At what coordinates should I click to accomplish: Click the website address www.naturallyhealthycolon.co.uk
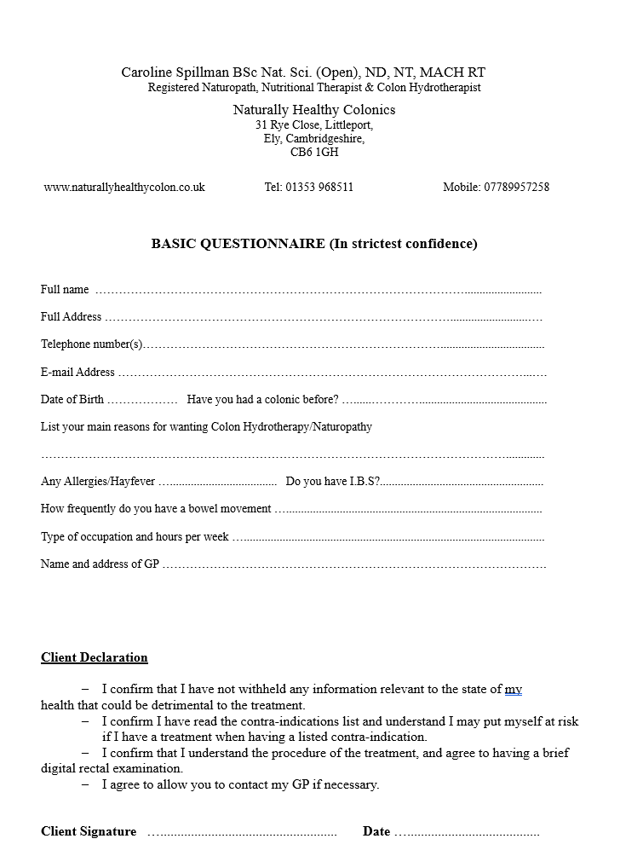pyautogui.click(x=124, y=188)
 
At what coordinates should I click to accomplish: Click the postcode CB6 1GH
pyautogui.click(x=314, y=153)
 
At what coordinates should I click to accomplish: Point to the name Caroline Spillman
pyautogui.click(x=175, y=73)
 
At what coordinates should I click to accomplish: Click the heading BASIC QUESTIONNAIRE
pyautogui.click(x=238, y=244)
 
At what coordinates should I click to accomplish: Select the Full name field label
pyautogui.click(x=65, y=290)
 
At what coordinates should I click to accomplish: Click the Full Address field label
pyautogui.click(x=71, y=317)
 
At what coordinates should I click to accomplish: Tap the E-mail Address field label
pyautogui.click(x=77, y=373)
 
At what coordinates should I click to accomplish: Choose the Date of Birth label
pyautogui.click(x=72, y=399)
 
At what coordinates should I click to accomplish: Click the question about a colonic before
pyautogui.click(x=262, y=399)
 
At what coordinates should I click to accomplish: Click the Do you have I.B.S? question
pyautogui.click(x=333, y=482)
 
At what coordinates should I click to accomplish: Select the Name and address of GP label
pyautogui.click(x=100, y=564)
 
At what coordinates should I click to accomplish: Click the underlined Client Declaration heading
pyautogui.click(x=95, y=657)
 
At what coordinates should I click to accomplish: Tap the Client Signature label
pyautogui.click(x=89, y=831)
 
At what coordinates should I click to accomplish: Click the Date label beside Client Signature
pyautogui.click(x=376, y=831)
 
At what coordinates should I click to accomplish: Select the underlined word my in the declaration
pyautogui.click(x=514, y=689)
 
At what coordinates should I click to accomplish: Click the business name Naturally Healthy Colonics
pyautogui.click(x=314, y=110)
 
